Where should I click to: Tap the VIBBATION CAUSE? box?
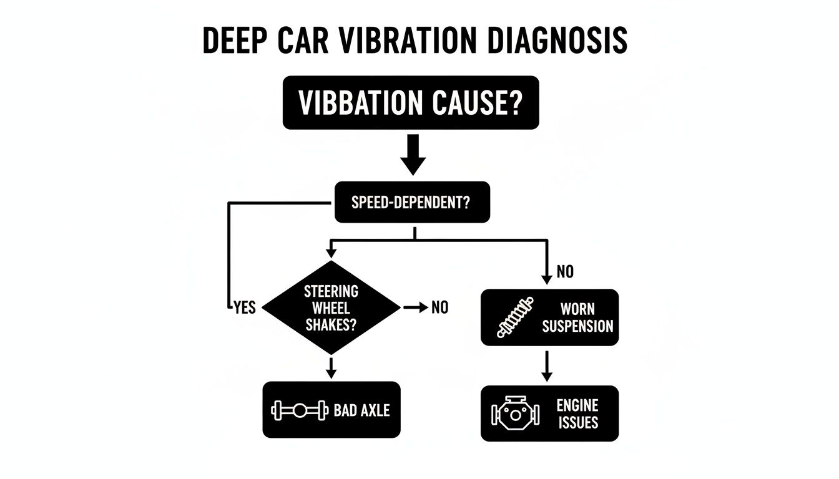tap(410, 103)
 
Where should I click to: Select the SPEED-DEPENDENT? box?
tap(412, 203)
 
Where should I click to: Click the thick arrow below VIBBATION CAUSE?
tap(412, 156)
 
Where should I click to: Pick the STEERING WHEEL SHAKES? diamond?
tap(331, 307)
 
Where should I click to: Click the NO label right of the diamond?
tap(439, 307)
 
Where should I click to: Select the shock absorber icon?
tap(516, 317)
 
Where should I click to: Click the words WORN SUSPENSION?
tap(577, 317)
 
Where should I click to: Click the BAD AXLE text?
tap(361, 410)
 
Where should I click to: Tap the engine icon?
tap(515, 414)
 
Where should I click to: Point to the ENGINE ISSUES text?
tap(577, 414)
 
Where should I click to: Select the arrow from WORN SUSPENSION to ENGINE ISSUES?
tap(547, 366)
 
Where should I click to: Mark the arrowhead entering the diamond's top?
tap(331, 253)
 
